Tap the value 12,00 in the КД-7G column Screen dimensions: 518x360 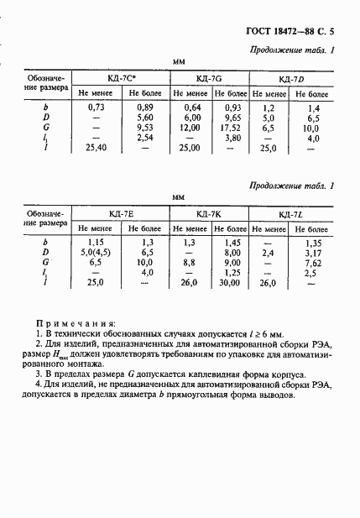[x=191, y=128]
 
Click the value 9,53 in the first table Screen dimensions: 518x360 [x=144, y=128]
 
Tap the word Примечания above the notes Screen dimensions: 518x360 [x=77, y=323]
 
